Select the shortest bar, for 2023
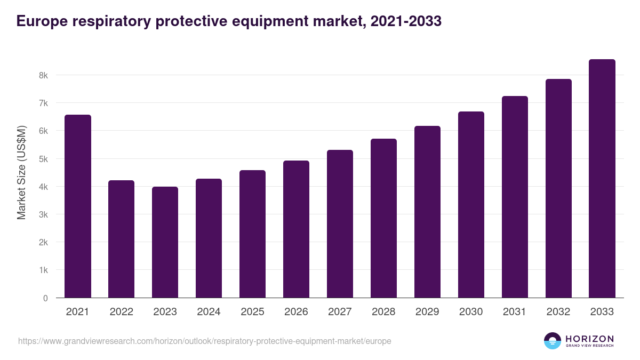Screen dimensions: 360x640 point(165,242)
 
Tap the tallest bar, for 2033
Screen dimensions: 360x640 point(602,179)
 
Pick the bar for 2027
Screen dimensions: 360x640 point(340,224)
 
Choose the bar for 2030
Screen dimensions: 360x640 point(471,205)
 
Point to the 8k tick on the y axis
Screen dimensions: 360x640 point(43,75)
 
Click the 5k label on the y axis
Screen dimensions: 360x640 point(43,159)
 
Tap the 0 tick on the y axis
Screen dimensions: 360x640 point(45,298)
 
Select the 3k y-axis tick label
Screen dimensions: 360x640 point(43,214)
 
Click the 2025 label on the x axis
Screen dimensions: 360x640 point(252,312)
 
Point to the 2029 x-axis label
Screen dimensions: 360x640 point(427,312)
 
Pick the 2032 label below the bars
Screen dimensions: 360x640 point(558,312)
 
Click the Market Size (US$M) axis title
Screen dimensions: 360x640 point(21,172)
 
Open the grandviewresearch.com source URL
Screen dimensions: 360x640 point(204,341)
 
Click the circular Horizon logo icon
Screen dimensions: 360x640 point(553,341)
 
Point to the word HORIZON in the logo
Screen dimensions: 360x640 point(589,339)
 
